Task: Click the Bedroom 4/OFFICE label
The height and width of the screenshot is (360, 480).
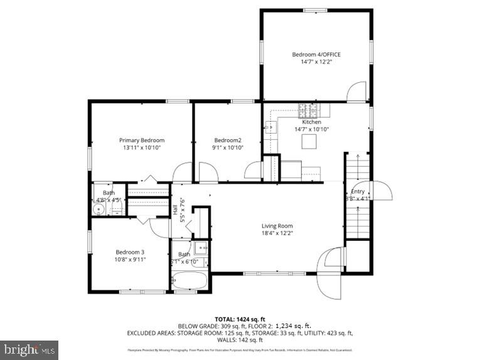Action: (316, 55)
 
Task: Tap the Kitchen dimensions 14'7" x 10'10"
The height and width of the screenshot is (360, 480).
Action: (312, 129)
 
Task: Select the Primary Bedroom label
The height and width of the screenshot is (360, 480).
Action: (142, 140)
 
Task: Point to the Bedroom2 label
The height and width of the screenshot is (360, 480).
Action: (228, 140)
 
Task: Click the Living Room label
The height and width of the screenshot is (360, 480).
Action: (277, 226)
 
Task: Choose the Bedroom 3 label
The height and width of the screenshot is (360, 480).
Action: (129, 251)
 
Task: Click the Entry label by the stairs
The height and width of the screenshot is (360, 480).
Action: (358, 191)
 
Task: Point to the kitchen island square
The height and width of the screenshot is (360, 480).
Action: (308, 142)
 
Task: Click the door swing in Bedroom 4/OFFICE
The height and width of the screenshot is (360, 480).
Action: (358, 92)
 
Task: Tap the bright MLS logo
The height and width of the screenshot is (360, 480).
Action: (29, 349)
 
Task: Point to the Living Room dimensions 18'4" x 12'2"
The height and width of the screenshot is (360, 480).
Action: (277, 233)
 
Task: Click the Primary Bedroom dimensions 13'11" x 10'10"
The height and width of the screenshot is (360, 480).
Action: (142, 147)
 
